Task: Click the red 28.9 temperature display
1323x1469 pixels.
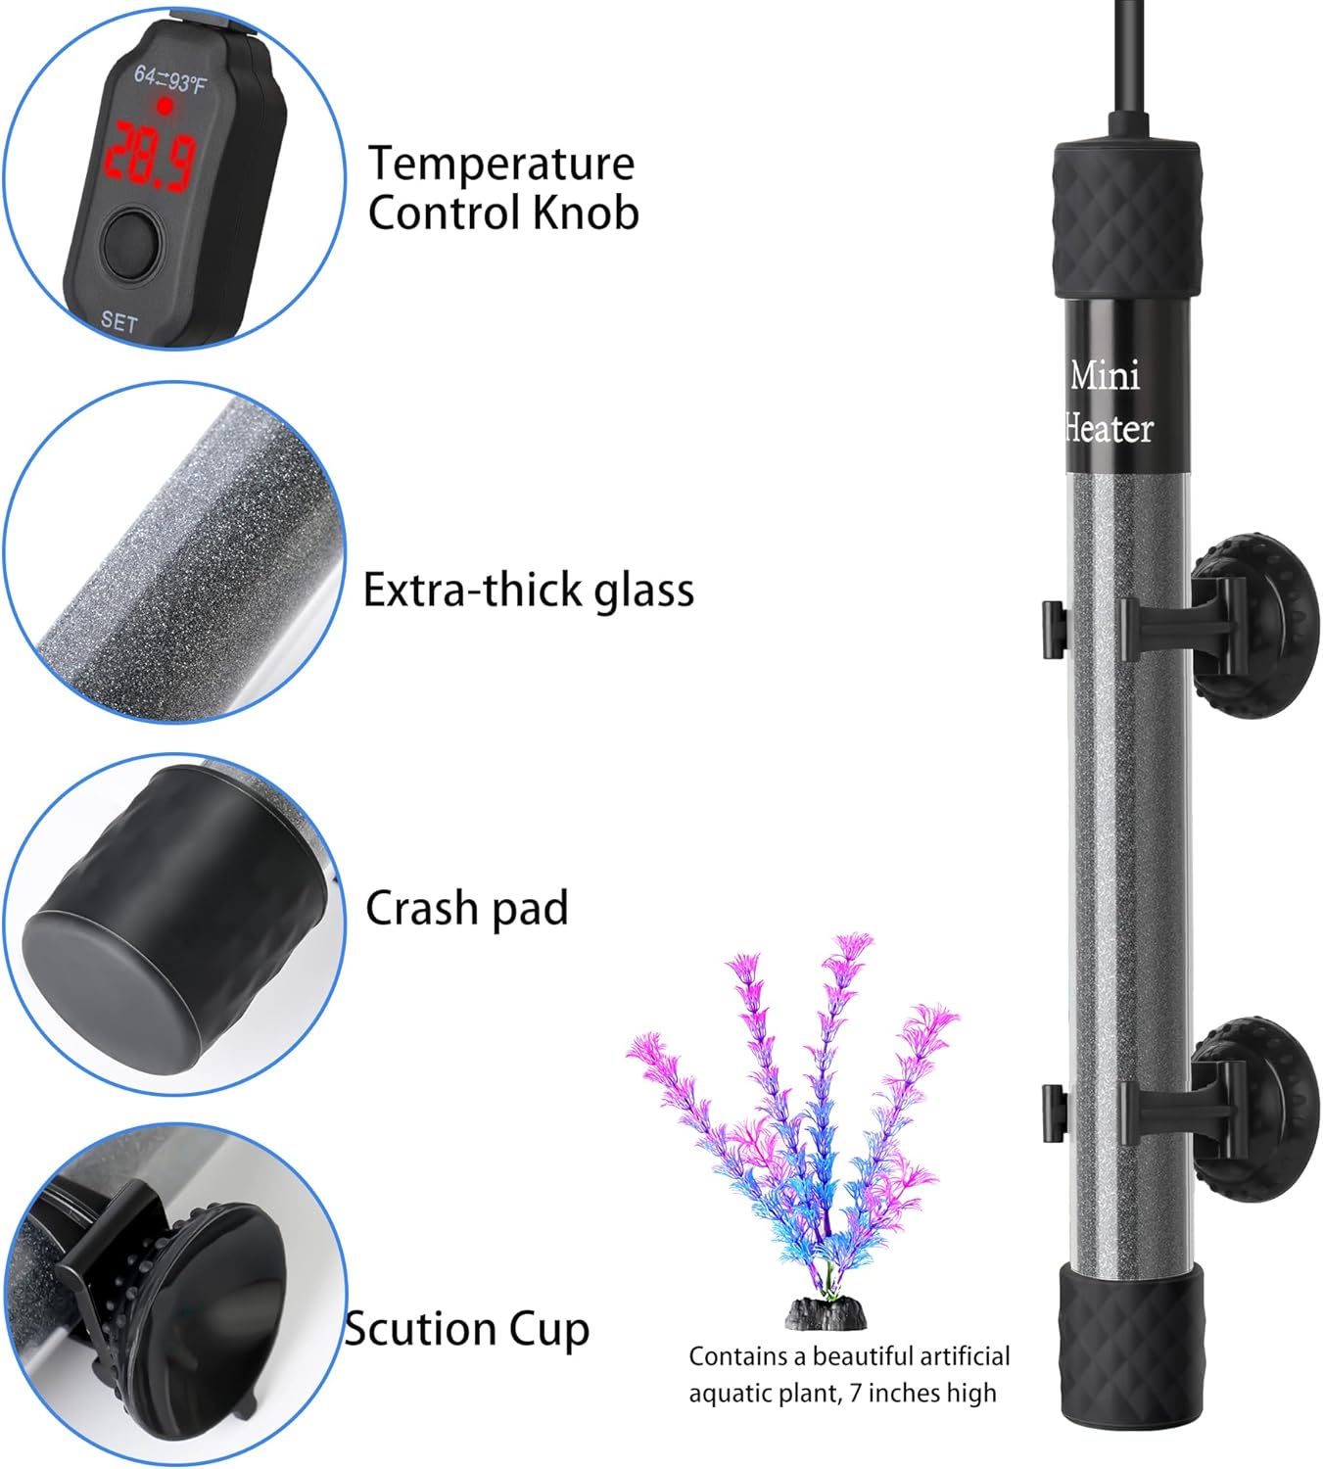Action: [x=151, y=155]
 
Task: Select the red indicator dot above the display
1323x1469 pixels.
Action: [x=165, y=106]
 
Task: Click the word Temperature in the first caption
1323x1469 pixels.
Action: [x=500, y=164]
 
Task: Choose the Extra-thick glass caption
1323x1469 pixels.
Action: [x=528, y=590]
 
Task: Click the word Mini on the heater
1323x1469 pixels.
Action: [x=1105, y=375]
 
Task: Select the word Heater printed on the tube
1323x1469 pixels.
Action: [x=1109, y=428]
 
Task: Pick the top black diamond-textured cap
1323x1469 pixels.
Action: [x=1126, y=219]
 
